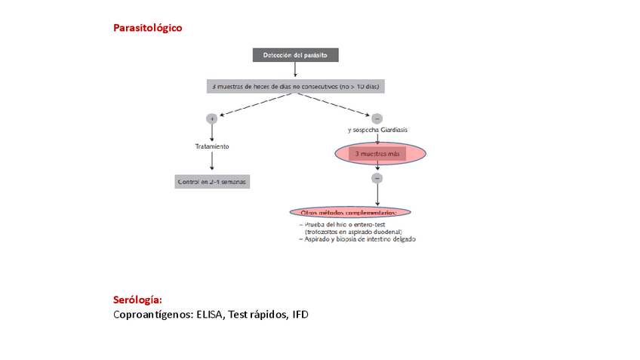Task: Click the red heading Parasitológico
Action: (147, 28)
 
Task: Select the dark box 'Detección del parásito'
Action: (295, 55)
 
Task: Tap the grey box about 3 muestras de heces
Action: (295, 87)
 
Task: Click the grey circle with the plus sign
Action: (212, 118)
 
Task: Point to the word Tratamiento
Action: (212, 146)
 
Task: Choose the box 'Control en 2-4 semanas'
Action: (212, 182)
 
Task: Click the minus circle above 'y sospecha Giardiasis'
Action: (377, 118)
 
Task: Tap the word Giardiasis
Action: (392, 131)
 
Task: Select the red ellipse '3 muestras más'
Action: (377, 154)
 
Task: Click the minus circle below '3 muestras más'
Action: (377, 178)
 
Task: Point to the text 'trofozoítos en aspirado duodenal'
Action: (353, 232)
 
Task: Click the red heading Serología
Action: (137, 300)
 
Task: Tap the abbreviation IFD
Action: (300, 314)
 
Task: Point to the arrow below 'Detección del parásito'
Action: (295, 70)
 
